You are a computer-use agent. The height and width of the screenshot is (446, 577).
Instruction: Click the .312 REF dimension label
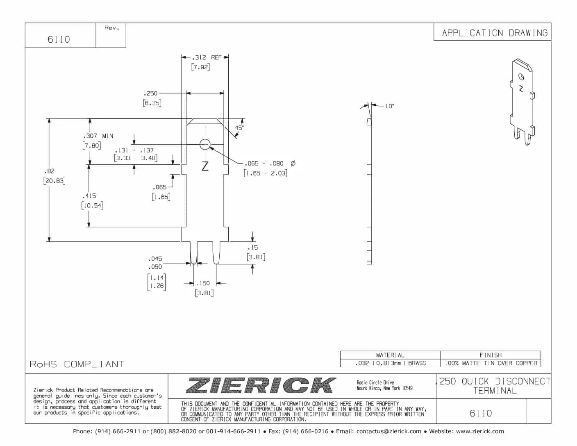click(x=207, y=57)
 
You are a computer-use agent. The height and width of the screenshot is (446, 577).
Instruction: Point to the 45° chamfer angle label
click(x=239, y=128)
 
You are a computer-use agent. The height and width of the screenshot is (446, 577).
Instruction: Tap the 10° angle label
click(x=389, y=106)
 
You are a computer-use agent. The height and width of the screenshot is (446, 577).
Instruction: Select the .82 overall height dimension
click(x=49, y=171)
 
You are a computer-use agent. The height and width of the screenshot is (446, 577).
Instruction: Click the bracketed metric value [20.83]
click(x=54, y=181)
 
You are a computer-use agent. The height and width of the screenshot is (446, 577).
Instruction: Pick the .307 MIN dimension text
click(x=98, y=136)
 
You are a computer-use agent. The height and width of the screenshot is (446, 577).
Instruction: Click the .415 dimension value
click(x=89, y=196)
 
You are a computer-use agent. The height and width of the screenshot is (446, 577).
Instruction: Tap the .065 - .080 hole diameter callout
click(x=270, y=163)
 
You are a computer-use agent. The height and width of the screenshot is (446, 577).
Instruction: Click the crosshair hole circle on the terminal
click(x=205, y=144)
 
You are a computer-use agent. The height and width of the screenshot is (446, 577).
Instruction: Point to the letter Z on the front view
click(x=205, y=166)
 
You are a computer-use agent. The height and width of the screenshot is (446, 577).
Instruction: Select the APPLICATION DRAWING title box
click(x=494, y=33)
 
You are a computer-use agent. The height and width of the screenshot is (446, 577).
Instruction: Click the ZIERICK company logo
click(x=261, y=385)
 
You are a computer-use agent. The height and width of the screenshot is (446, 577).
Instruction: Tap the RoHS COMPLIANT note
click(x=77, y=364)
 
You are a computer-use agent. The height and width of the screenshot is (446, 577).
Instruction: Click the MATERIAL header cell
click(x=390, y=355)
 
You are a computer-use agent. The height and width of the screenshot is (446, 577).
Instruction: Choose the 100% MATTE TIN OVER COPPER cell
click(x=491, y=363)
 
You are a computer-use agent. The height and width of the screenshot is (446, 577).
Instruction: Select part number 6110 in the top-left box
click(x=59, y=39)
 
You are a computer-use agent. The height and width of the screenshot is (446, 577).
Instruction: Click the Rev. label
click(x=111, y=28)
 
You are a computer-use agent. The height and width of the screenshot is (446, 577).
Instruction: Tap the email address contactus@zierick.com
click(x=388, y=431)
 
